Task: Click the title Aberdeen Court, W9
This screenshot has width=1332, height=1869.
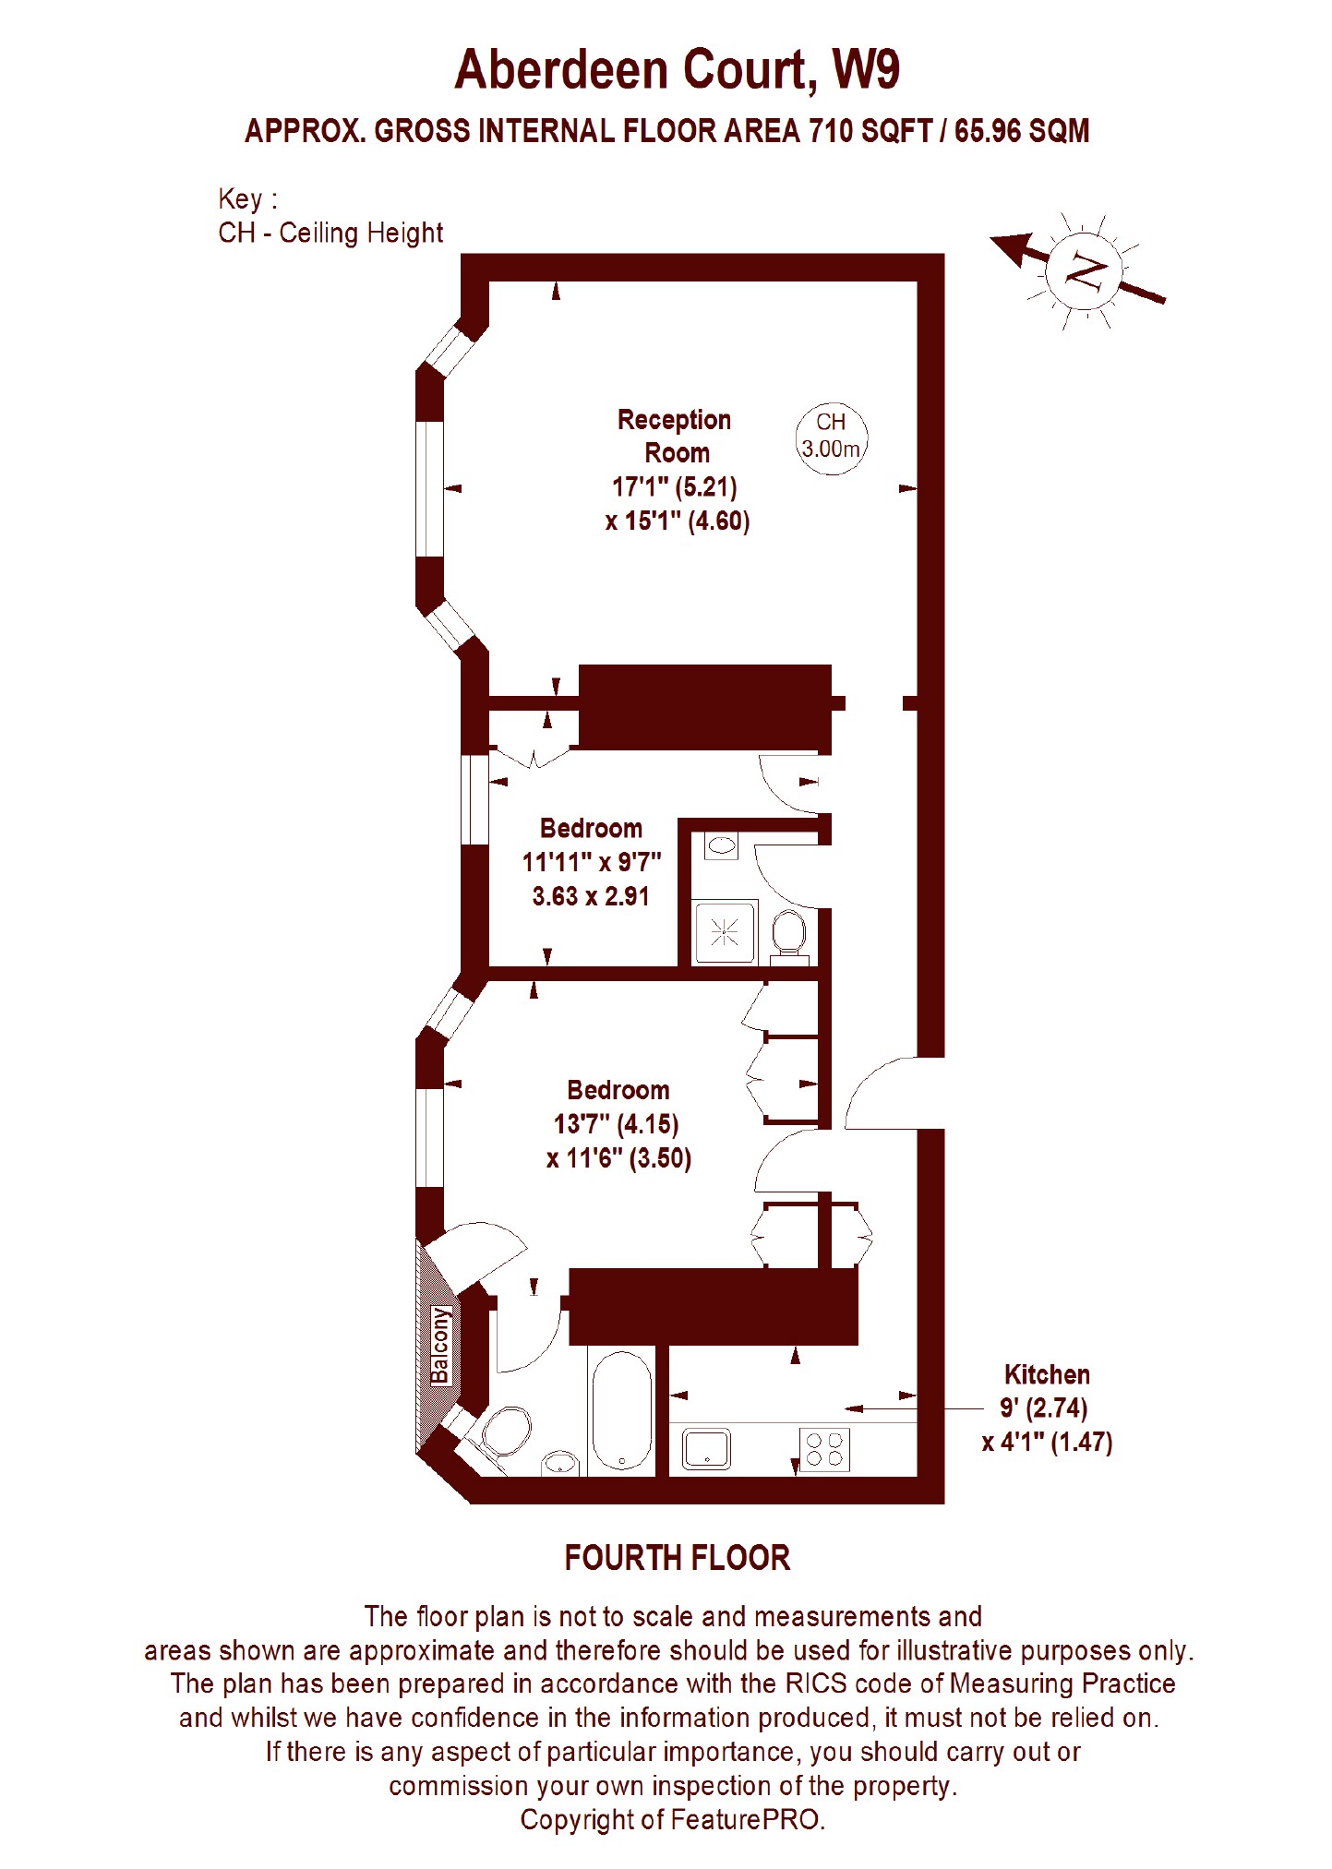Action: (677, 71)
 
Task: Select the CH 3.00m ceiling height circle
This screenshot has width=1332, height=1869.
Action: (831, 437)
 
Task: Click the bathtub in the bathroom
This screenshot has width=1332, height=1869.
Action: (621, 1409)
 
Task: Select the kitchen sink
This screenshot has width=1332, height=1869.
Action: (706, 1448)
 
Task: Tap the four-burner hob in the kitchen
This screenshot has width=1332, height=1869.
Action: (824, 1448)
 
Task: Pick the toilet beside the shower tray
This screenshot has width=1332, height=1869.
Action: (787, 936)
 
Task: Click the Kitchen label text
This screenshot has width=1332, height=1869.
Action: (1047, 1374)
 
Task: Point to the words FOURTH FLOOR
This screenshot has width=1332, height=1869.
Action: (678, 1558)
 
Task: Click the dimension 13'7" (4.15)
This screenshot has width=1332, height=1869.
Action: (616, 1124)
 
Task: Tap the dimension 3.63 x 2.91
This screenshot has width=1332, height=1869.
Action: (591, 895)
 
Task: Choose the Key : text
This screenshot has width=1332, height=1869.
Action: (247, 199)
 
